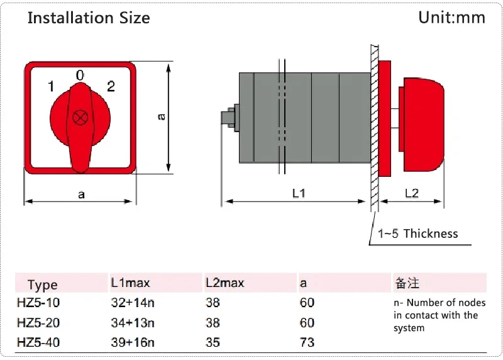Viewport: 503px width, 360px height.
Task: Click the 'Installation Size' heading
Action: click(89, 18)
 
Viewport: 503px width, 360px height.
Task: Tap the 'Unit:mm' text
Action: click(451, 18)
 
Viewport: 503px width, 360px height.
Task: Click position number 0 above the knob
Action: click(80, 76)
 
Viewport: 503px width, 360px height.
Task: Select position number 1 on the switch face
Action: click(51, 86)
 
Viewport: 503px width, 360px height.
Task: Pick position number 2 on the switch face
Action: click(111, 86)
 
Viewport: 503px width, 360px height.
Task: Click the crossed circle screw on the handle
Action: click(80, 118)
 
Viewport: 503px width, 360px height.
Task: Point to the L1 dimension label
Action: click(299, 193)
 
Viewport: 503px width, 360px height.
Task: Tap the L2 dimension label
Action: click(412, 193)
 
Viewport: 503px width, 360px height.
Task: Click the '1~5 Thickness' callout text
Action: click(417, 233)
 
